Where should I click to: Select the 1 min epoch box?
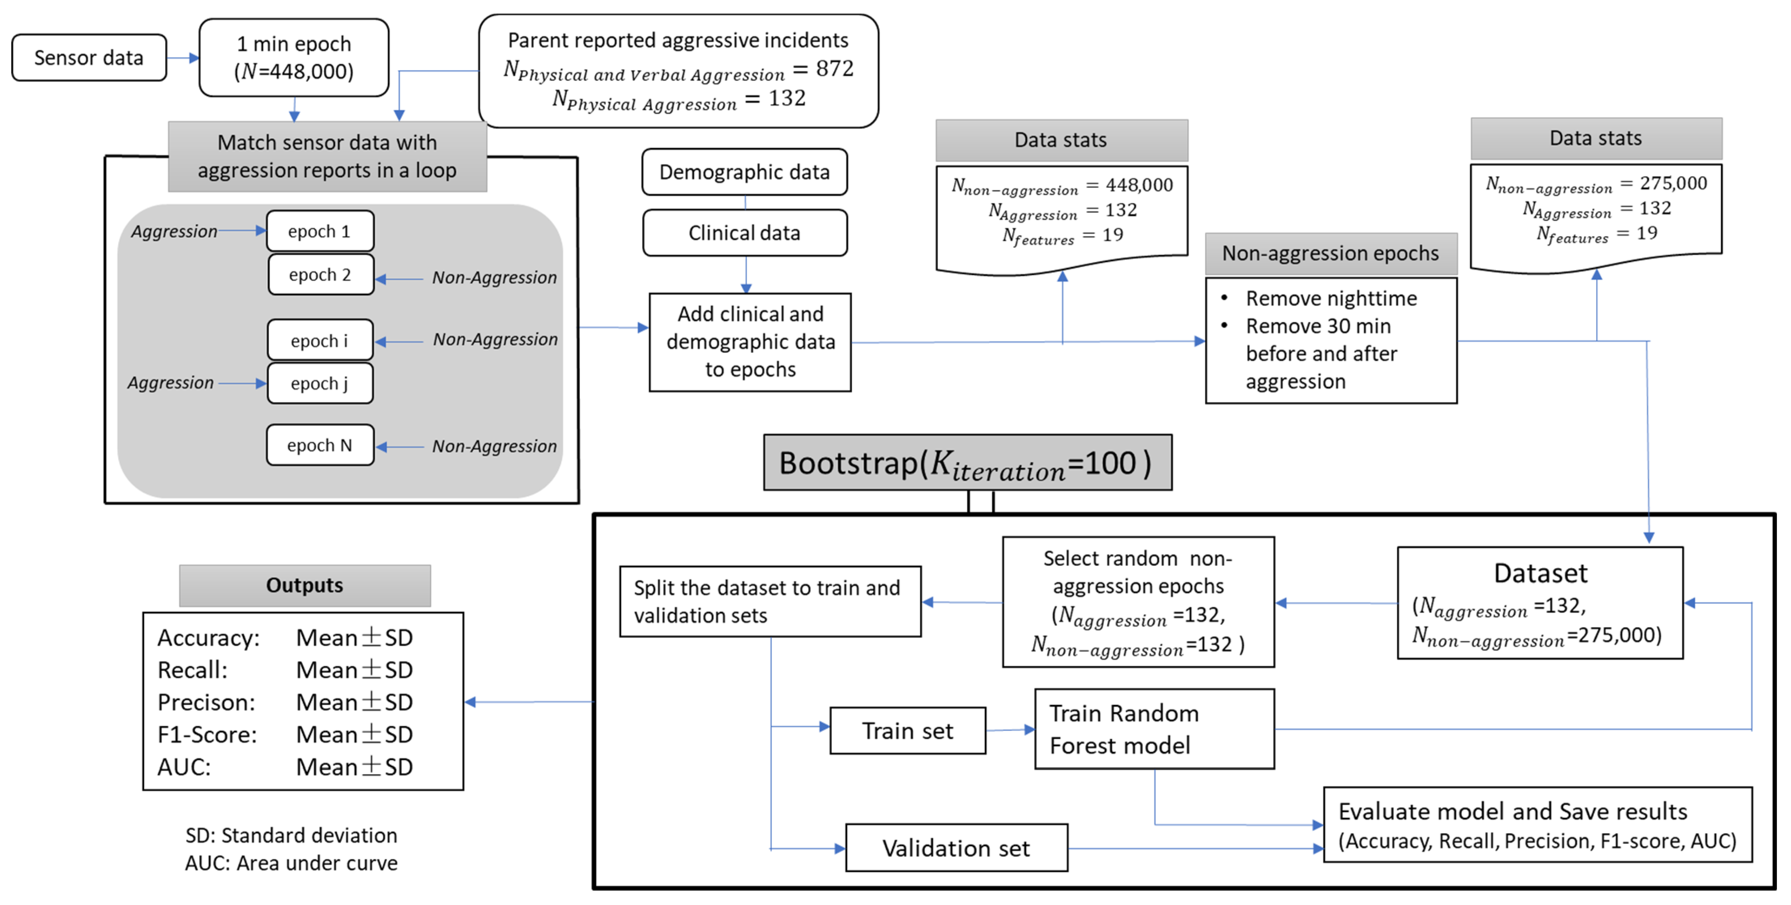[x=294, y=58]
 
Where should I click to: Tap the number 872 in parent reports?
[x=834, y=69]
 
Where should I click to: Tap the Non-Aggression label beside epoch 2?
[x=494, y=277]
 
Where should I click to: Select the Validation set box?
[x=956, y=848]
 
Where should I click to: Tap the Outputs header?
[x=305, y=585]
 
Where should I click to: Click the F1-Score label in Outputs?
[x=207, y=735]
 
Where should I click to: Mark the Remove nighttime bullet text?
[x=1331, y=298]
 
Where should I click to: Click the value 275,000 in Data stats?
[x=1673, y=183]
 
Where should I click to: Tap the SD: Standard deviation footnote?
[x=291, y=835]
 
